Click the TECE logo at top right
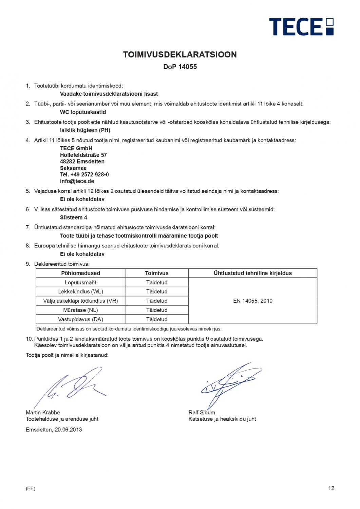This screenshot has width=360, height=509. (301, 26)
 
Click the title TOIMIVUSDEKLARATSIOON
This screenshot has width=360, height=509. (180, 55)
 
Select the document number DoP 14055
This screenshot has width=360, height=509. (180, 67)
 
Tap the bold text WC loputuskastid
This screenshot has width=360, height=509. (83, 112)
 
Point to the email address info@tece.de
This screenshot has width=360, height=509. (77, 181)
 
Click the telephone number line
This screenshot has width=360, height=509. (84, 174)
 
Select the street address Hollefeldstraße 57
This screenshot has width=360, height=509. (83, 155)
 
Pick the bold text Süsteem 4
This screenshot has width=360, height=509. (74, 218)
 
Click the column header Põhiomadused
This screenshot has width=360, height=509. (80, 273)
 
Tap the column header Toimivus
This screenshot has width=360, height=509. (156, 273)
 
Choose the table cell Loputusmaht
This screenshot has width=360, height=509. (80, 282)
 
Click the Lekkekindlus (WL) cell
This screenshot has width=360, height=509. (80, 291)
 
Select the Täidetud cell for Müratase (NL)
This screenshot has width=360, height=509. (156, 310)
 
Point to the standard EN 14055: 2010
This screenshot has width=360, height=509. (252, 301)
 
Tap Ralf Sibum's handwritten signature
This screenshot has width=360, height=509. (226, 385)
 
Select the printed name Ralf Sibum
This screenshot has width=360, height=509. (202, 413)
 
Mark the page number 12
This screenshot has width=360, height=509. (331, 488)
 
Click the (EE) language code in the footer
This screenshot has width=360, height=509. (31, 489)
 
